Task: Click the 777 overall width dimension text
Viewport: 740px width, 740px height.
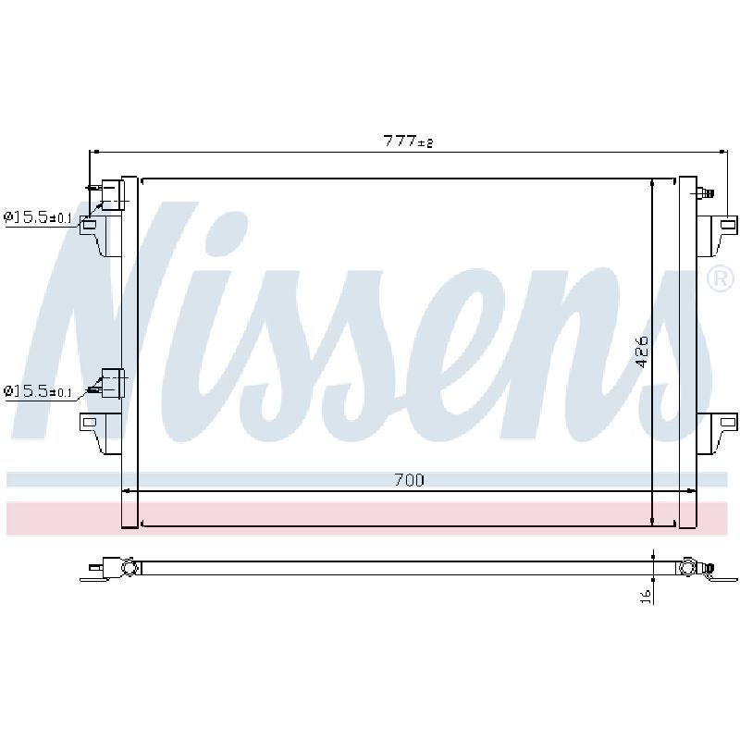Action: coord(408,141)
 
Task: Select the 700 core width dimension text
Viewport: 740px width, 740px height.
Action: coord(409,480)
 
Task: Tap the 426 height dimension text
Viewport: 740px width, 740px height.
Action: coord(642,351)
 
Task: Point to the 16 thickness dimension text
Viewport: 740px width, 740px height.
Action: coord(647,596)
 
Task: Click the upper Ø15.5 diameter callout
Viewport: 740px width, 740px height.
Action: coord(38,217)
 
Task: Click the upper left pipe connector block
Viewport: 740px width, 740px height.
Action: coord(112,194)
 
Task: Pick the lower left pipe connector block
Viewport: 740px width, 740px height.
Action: coord(113,383)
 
